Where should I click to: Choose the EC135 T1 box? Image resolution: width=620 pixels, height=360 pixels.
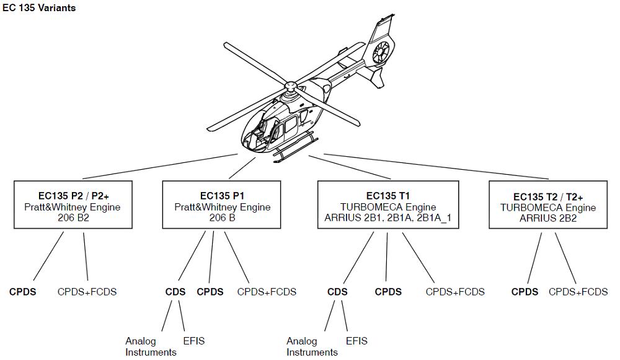click(x=388, y=205)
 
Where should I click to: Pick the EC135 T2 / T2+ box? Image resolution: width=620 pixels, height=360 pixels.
click(x=548, y=205)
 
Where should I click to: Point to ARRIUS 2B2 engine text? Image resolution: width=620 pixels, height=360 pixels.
click(x=548, y=218)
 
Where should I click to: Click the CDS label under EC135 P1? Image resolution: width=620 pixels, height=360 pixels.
click(x=175, y=292)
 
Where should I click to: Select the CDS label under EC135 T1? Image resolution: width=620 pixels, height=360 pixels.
click(x=337, y=292)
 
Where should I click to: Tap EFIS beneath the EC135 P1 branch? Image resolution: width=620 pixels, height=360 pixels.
click(x=193, y=341)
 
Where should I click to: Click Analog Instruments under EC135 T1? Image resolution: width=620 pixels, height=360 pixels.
click(x=311, y=346)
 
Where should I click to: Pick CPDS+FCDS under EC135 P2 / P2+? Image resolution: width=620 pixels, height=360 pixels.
click(x=87, y=292)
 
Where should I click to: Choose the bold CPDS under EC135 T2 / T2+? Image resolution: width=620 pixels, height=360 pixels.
click(x=525, y=292)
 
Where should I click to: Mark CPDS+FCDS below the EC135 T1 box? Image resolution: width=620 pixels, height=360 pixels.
click(x=455, y=292)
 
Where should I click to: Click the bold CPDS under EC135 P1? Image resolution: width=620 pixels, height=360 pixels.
click(x=210, y=292)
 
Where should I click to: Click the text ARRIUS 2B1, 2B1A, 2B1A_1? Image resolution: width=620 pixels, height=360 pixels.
click(x=388, y=218)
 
